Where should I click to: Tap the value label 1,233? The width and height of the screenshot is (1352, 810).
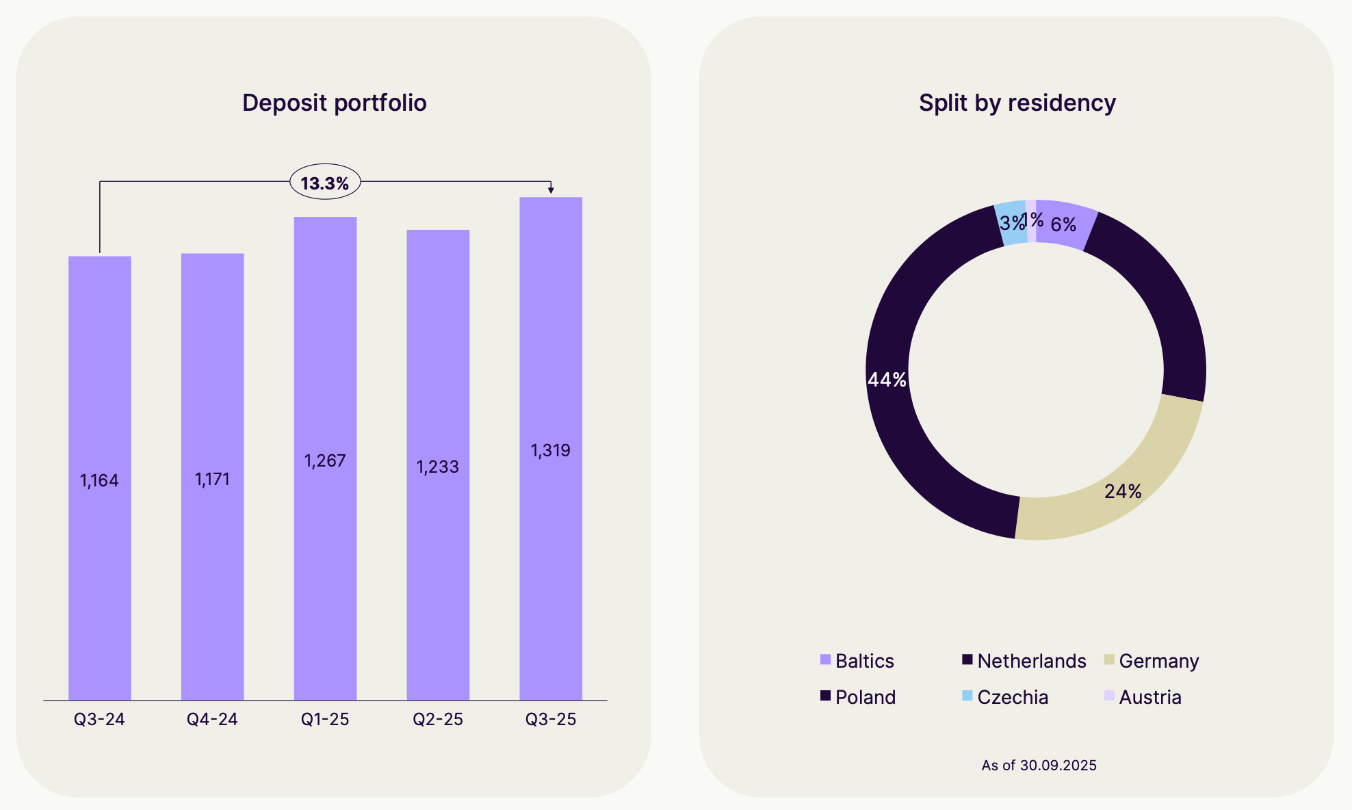tap(438, 467)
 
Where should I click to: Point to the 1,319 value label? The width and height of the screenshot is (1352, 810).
tap(551, 451)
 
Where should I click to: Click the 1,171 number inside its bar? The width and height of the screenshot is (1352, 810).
tap(212, 480)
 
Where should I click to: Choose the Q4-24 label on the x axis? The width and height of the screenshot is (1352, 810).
tap(212, 720)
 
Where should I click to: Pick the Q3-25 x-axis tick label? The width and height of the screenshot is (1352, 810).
tap(551, 720)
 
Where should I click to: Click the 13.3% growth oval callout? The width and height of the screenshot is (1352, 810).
tap(325, 183)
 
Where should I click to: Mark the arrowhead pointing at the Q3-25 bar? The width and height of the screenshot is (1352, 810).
tap(551, 190)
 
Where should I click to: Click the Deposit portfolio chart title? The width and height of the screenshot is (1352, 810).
tap(334, 103)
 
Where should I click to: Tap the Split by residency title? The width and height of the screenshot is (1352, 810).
tap(1017, 103)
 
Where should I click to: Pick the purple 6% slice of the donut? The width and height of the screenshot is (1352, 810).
tap(1064, 224)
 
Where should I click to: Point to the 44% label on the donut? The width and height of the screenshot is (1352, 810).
tap(887, 380)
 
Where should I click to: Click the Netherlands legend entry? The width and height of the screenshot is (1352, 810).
tap(1024, 661)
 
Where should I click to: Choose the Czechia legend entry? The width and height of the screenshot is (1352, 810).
tap(1005, 697)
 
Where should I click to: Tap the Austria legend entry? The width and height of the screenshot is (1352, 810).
tap(1143, 697)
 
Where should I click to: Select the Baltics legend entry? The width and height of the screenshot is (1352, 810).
tap(857, 661)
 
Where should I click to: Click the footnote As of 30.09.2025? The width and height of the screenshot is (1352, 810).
tap(1039, 766)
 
